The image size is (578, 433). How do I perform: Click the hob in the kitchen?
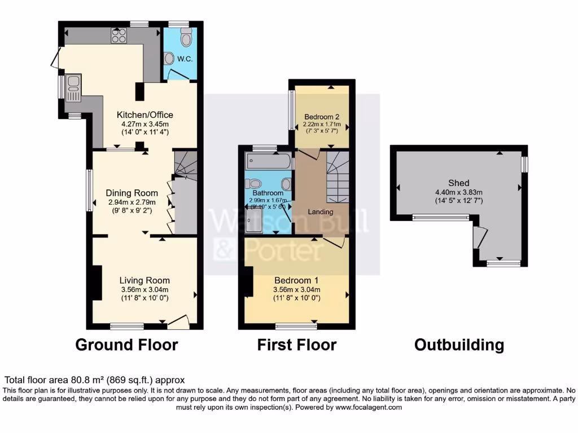point(120,36)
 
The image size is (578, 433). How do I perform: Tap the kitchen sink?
point(73,84)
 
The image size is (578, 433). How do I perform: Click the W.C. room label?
point(185,59)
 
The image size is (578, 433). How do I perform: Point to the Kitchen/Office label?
point(144,115)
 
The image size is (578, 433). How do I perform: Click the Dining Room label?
point(130,193)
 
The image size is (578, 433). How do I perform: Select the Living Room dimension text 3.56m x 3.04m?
point(144,290)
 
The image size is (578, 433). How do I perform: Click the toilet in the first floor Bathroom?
point(253,183)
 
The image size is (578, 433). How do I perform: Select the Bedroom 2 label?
point(322,117)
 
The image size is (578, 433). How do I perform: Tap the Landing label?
point(321,212)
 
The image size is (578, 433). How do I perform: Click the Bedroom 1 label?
point(297,280)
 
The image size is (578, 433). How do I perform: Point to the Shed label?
point(459,183)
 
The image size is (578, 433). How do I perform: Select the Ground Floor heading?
point(126,344)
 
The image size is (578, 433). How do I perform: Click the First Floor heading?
point(297,344)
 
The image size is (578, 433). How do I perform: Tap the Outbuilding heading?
point(459,344)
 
